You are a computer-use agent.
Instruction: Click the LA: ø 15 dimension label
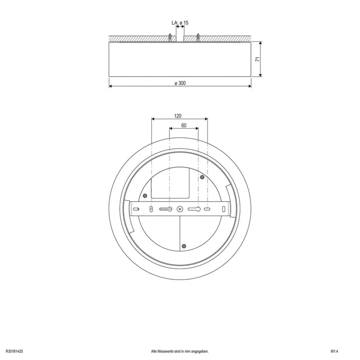[180, 23]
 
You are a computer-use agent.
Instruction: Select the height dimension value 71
[258, 59]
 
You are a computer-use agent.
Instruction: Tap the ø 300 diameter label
[180, 83]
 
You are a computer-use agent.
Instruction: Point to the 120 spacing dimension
[178, 116]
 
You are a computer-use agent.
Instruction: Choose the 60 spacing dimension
[184, 125]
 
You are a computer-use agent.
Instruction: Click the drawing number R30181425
[14, 351]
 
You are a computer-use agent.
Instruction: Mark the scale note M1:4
[335, 351]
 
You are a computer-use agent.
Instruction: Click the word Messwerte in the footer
[167, 351]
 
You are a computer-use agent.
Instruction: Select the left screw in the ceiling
[170, 37]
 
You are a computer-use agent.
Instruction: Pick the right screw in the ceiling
[198, 37]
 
